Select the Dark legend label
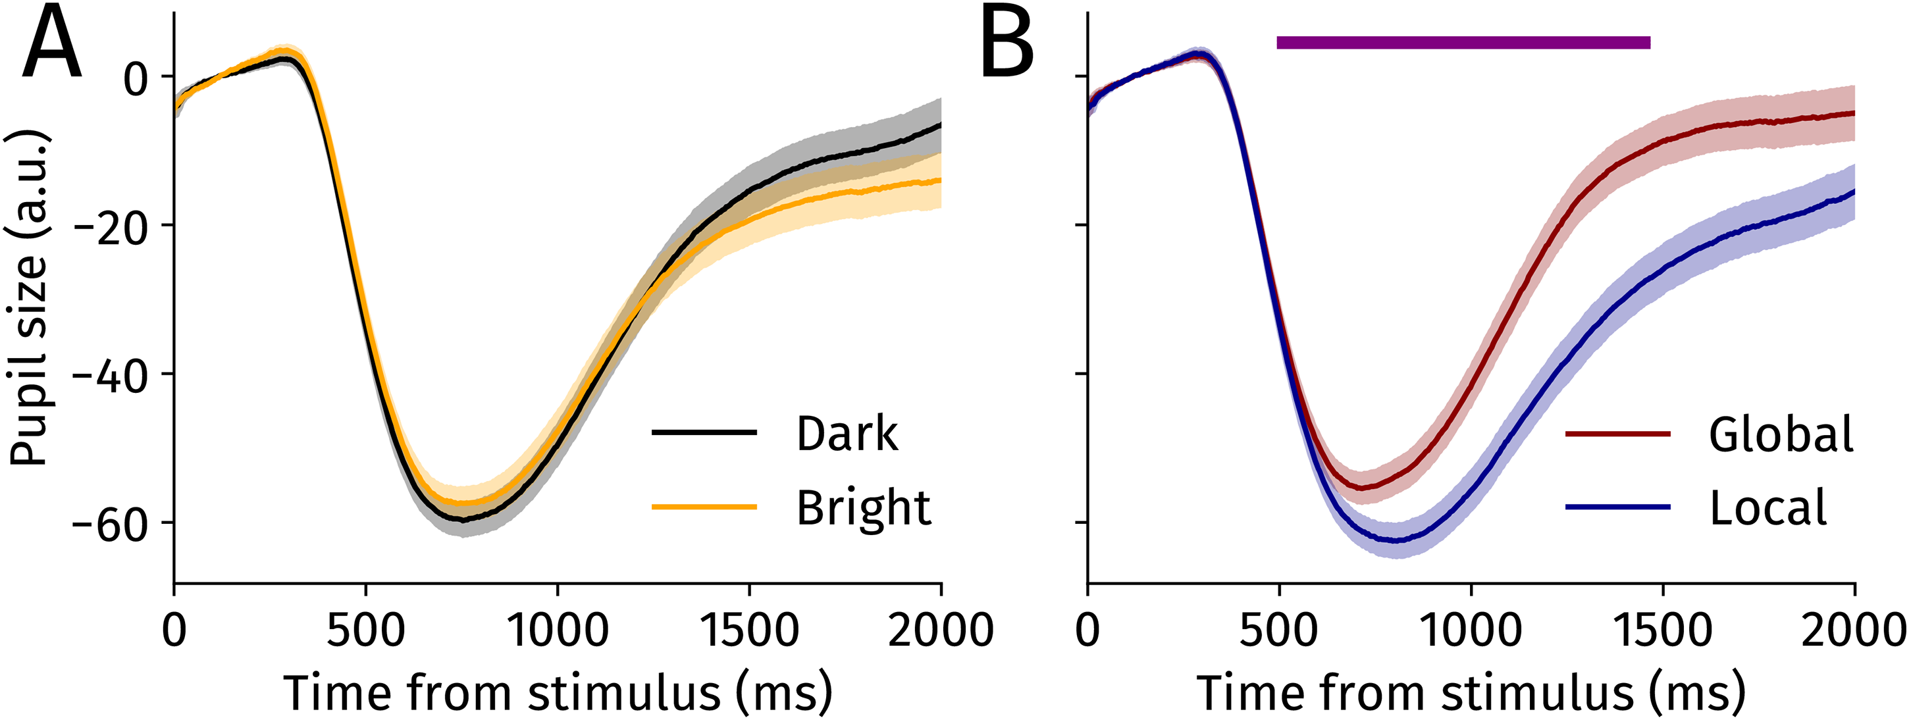click(847, 434)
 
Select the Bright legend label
click(864, 509)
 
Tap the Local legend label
click(1768, 508)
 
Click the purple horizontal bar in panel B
click(1463, 42)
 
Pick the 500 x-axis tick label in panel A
click(365, 630)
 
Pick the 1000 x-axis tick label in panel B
click(1471, 630)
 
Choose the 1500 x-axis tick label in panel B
click(1662, 630)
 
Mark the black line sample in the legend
click(704, 432)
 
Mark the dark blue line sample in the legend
click(1618, 507)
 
